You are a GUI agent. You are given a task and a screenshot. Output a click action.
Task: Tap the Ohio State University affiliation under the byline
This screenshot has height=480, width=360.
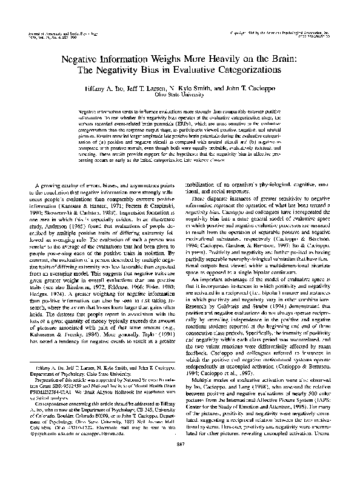pos(179,95)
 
